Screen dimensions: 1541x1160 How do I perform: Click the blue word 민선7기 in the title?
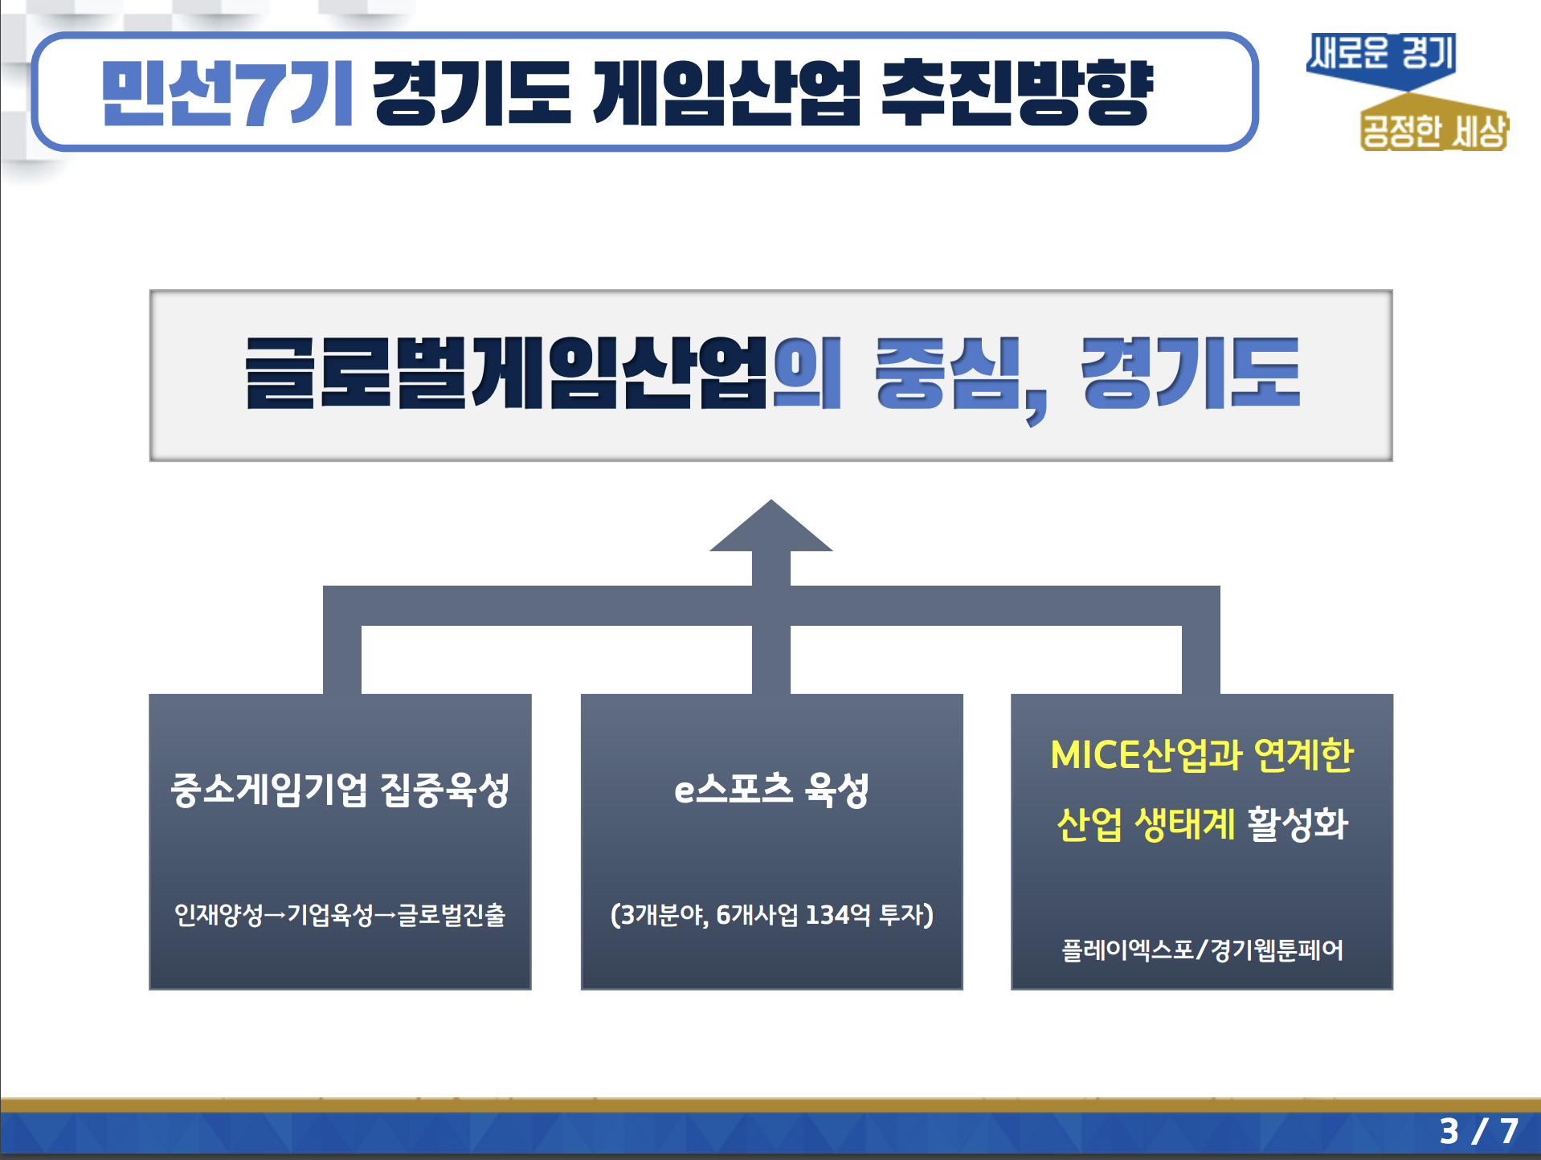[227, 93]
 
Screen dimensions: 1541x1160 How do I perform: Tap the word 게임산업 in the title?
[727, 93]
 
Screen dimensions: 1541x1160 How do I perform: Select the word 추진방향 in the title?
[1018, 93]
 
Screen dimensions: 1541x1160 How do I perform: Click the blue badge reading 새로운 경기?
[1382, 59]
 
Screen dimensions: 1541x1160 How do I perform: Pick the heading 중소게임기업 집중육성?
[340, 790]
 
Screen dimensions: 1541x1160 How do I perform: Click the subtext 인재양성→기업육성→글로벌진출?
[340, 915]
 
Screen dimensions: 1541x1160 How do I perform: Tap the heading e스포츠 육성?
[771, 790]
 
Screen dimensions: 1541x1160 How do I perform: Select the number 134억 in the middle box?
[837, 915]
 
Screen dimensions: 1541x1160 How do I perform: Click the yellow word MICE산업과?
[1147, 755]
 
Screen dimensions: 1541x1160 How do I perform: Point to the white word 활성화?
[1297, 824]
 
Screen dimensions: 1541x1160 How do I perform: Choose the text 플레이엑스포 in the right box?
[1127, 950]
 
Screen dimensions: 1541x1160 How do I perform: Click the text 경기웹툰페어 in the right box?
[1277, 950]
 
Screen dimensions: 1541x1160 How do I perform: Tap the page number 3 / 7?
[1478, 1132]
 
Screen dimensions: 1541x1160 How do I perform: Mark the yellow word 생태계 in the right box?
[1184, 824]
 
